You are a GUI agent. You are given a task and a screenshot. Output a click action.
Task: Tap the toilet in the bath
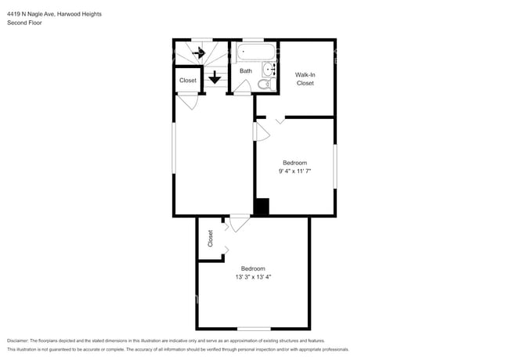pyautogui.click(x=263, y=84)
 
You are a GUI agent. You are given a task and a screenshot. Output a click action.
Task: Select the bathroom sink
pyautogui.click(x=270, y=70)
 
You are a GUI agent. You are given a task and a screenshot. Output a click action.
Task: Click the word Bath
pyautogui.click(x=246, y=71)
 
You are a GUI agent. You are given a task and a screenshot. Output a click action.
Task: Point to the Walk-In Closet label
pyautogui.click(x=305, y=78)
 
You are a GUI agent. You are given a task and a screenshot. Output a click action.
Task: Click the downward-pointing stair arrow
pyautogui.click(x=215, y=78)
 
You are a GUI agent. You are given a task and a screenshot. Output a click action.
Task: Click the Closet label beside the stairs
pyautogui.click(x=188, y=81)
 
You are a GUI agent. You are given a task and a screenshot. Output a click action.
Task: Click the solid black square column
pyautogui.click(x=262, y=207)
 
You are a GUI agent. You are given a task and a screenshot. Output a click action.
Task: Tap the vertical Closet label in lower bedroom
pyautogui.click(x=211, y=238)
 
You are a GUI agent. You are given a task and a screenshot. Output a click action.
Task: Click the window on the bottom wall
pyautogui.click(x=253, y=328)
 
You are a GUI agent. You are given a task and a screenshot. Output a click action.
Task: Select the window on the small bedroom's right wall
pyautogui.click(x=335, y=166)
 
